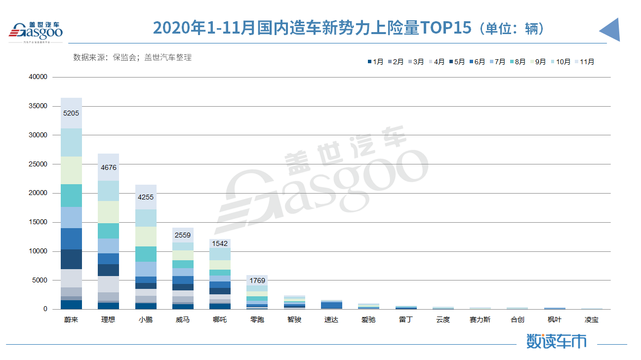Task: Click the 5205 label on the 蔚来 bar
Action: [x=71, y=113]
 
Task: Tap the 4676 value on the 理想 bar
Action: [x=108, y=168]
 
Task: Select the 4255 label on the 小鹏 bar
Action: [x=146, y=198]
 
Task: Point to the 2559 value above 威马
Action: [x=183, y=236]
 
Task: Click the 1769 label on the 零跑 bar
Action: [x=257, y=281]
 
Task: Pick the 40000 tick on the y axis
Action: [x=38, y=77]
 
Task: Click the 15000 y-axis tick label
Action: [x=38, y=222]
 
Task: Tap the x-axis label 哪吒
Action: [x=220, y=320]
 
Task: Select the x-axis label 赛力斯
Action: [x=480, y=320]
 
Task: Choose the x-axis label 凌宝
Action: [x=592, y=320]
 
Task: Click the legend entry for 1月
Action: [x=376, y=62]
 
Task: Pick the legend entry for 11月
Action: [x=585, y=62]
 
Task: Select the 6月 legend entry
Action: [x=477, y=62]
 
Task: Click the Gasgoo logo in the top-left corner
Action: [x=36, y=32]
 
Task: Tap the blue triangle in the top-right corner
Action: [x=611, y=31]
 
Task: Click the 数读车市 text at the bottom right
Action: [x=556, y=341]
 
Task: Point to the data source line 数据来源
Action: [x=132, y=57]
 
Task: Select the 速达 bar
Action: [x=331, y=305]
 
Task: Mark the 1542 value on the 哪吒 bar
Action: [x=220, y=243]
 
